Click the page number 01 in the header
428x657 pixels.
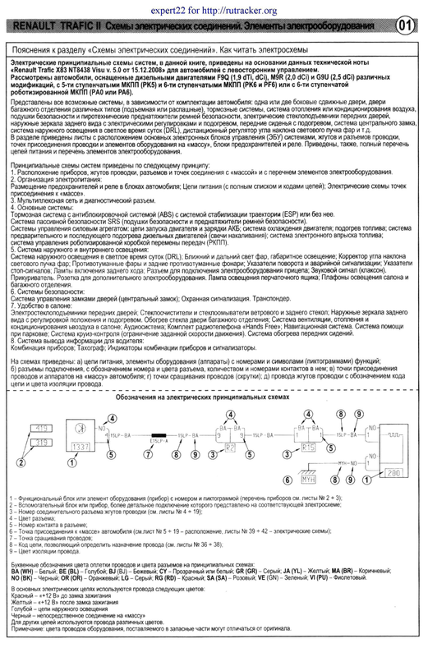pos(403,25)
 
